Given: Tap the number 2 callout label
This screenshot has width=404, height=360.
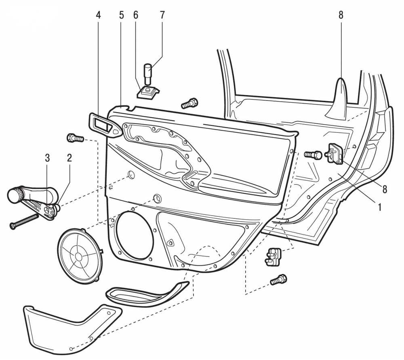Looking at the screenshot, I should [69, 158].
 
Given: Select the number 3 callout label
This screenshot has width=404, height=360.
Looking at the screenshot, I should [48, 158].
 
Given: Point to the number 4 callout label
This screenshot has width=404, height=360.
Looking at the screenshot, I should [99, 15].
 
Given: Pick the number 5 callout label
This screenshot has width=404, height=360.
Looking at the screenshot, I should [121, 15].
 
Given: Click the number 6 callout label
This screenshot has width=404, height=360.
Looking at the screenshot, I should [136, 15].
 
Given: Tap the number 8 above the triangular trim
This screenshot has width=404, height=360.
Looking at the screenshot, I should [341, 15].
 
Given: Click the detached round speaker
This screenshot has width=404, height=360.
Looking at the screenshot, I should [80, 255].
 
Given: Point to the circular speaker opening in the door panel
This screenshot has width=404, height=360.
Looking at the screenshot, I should [134, 237].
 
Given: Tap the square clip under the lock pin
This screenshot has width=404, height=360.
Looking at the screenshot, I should [148, 93].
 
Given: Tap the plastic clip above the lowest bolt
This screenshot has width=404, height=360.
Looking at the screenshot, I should [274, 256].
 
